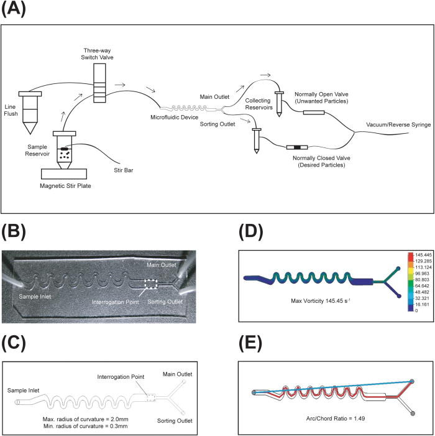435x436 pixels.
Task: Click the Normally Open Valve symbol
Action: [x=314, y=113]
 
